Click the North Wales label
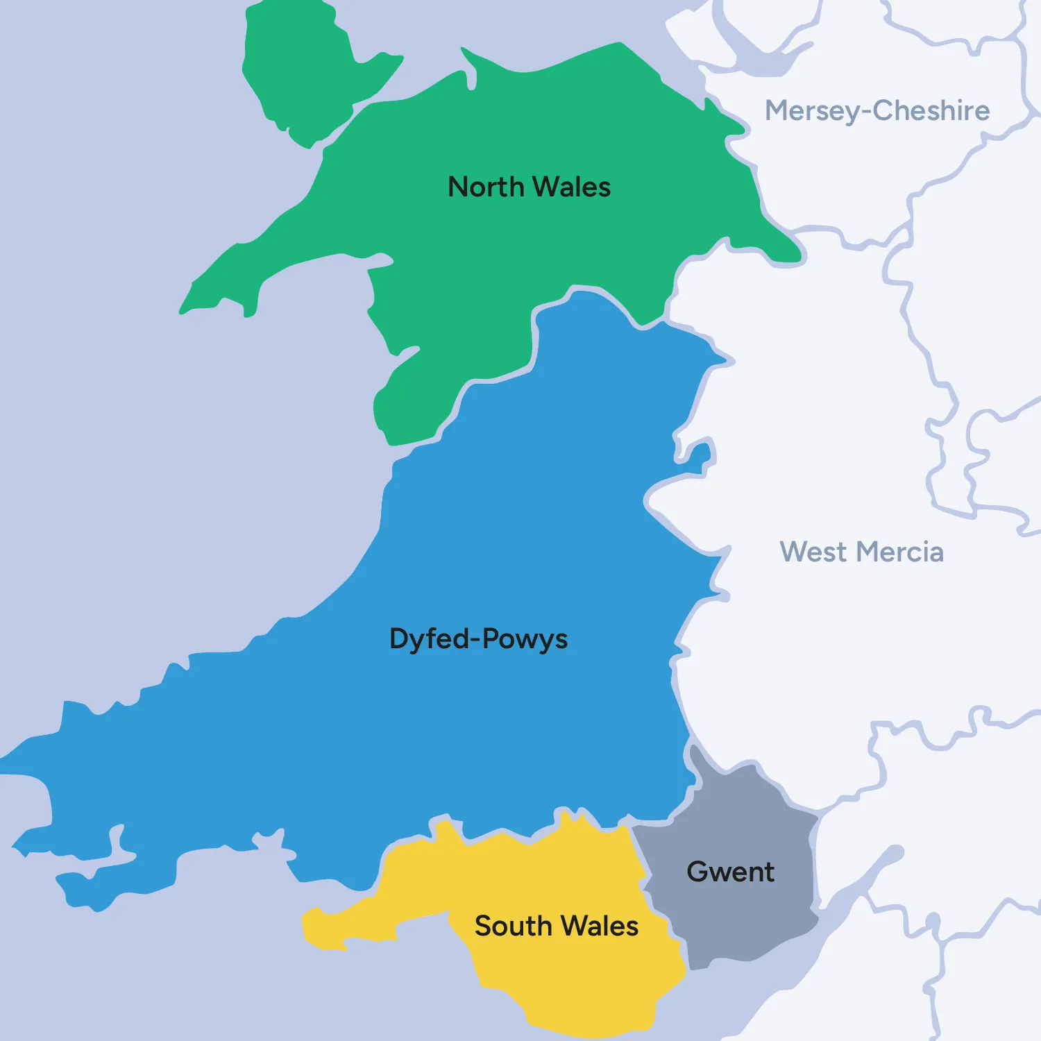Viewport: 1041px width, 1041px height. pos(529,187)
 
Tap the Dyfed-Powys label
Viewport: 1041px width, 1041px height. pos(478,639)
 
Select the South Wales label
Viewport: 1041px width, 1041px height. pos(556,926)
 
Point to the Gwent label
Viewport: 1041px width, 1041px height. pos(730,872)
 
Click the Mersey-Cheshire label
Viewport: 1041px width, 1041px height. pos(877,111)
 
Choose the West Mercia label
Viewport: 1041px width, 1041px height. pos(861,552)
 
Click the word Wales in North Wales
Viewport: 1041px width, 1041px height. pos(571,187)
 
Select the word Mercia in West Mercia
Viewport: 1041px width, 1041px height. pos(900,552)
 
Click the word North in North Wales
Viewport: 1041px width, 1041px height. pos(486,187)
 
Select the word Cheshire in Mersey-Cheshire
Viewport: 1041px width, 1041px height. pos(931,111)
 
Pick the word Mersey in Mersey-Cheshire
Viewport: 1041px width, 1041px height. pos(812,111)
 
